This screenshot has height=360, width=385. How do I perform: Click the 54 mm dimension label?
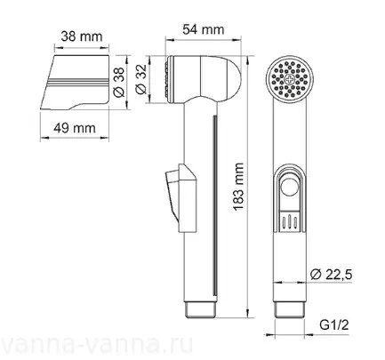[204, 29]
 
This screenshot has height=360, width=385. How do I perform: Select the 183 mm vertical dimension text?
[238, 187]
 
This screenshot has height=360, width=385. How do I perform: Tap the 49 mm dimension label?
[75, 128]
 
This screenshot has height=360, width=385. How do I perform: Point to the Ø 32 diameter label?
[141, 79]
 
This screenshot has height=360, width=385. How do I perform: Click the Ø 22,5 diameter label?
[331, 275]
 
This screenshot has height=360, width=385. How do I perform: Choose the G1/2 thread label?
[334, 325]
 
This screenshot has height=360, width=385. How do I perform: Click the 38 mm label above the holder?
[82, 36]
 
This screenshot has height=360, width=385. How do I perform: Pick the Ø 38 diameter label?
[120, 82]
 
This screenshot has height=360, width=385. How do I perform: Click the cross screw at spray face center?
[289, 79]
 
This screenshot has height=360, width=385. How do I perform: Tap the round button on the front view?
[289, 186]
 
